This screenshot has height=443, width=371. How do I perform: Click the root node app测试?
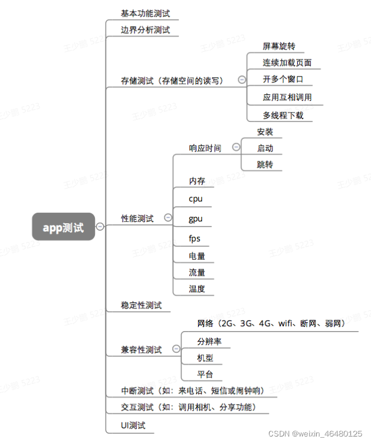tap(63, 227)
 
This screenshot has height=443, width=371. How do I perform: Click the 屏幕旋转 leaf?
tap(279, 46)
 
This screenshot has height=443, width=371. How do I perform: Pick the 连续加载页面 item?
tap(287, 62)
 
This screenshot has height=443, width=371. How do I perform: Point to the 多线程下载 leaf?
tap(283, 115)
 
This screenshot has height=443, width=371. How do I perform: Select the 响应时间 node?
tap(205, 148)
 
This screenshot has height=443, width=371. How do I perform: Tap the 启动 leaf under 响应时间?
tap(265, 148)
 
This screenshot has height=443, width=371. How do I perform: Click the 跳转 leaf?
tap(265, 164)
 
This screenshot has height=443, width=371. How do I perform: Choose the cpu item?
tap(195, 199)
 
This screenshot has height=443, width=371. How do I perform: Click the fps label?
tap(195, 239)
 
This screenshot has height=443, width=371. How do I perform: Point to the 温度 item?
tap(197, 288)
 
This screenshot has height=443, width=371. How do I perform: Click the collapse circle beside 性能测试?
tap(168, 218)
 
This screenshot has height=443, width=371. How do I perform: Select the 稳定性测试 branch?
tap(141, 305)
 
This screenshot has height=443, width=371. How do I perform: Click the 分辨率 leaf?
tap(209, 341)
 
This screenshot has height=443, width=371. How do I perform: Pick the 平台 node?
tap(205, 374)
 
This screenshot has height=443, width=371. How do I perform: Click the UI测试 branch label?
tap(133, 425)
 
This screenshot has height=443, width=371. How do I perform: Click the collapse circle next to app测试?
tap(100, 226)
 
